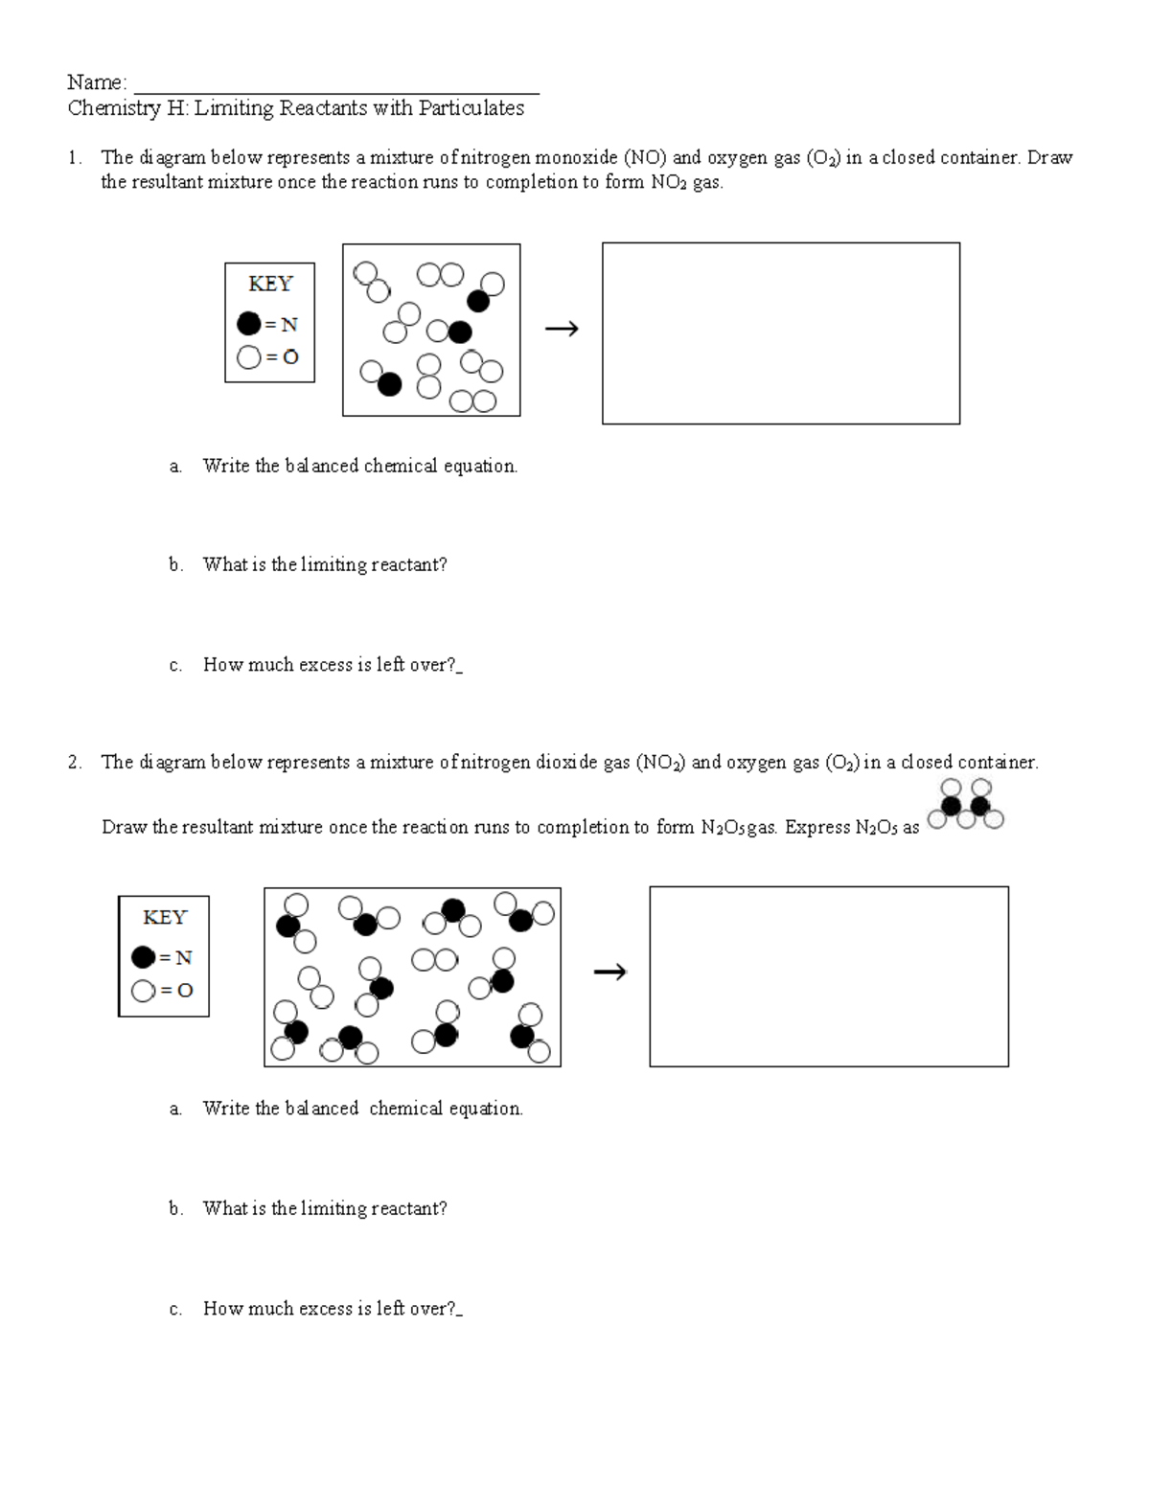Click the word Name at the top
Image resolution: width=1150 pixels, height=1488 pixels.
(95, 82)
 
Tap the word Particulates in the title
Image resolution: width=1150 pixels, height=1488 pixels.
(471, 108)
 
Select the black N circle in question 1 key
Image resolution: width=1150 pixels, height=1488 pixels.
(248, 324)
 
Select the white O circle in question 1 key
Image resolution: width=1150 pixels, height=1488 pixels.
(248, 357)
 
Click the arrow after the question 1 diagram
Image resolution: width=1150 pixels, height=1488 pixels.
(562, 330)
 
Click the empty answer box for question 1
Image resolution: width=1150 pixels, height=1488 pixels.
(780, 332)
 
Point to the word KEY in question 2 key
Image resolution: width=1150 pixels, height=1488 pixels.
(164, 917)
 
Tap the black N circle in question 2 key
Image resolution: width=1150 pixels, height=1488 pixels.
(143, 956)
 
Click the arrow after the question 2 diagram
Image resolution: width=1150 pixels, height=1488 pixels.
(609, 973)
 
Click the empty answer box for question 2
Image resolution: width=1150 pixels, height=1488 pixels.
(828, 975)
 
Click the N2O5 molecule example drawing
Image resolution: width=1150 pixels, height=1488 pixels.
(966, 804)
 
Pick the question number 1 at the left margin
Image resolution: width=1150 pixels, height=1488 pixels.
(74, 158)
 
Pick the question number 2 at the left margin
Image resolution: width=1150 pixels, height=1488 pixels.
(74, 763)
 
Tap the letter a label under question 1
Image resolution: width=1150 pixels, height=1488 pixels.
(174, 467)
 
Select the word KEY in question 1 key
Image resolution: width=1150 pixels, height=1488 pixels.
(269, 284)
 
